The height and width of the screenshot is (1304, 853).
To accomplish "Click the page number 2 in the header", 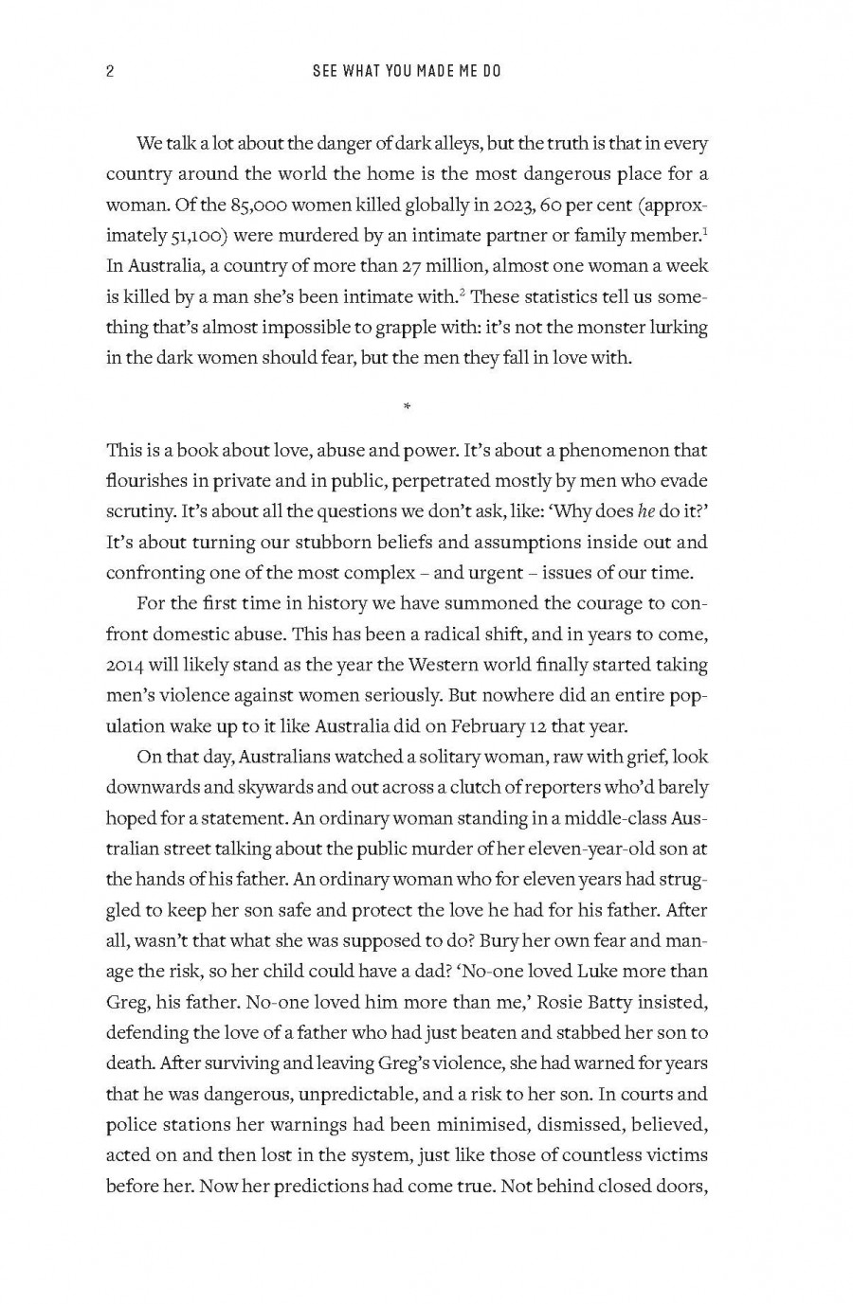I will [110, 72].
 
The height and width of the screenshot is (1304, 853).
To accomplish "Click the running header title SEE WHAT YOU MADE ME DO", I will [407, 72].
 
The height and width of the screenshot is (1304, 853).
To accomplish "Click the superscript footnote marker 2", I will [461, 292].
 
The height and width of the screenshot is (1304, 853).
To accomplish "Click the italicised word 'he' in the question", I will [646, 511].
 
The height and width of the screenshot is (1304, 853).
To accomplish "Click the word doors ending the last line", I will [680, 1186].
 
